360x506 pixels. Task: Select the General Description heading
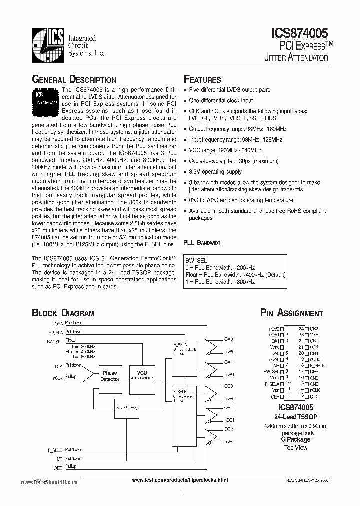pos(74,80)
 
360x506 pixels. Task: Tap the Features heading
pos(202,80)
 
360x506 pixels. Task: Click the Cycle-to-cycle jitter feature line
pos(233,161)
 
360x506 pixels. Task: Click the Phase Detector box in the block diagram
pos(110,376)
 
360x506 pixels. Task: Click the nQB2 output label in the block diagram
pos(229,442)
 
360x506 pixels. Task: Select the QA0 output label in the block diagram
pos(229,339)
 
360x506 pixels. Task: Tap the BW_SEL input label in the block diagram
pos(54,341)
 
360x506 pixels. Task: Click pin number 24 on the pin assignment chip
pos(301,328)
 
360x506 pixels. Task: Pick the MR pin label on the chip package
pos(275,365)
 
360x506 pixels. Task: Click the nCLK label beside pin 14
pos(314,389)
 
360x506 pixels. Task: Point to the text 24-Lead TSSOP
pos(296,416)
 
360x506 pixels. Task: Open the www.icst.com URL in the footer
pos(179,480)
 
